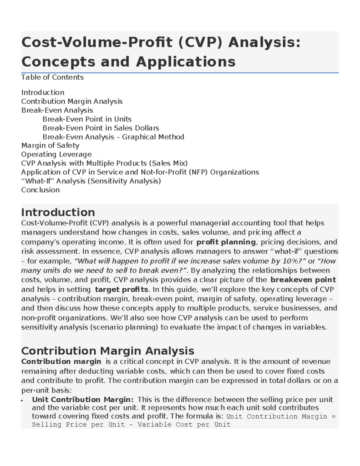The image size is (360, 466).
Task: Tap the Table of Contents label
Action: coord(52,77)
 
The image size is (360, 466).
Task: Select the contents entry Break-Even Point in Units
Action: coord(87,119)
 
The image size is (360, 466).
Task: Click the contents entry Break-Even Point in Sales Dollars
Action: coord(100,128)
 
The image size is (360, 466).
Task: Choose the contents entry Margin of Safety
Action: coord(50,146)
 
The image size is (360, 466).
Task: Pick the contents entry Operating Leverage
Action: coord(56,155)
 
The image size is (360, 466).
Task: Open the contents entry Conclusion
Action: coord(40,190)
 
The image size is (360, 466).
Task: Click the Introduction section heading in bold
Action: coord(58,212)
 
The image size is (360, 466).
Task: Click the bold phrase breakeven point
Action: coord(303,280)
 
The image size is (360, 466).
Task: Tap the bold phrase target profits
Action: coord(121,290)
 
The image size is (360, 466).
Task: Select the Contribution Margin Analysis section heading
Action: coord(108,351)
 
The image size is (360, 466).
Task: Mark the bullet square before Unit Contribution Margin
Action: coord(22,401)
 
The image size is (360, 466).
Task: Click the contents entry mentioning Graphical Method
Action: coord(113,137)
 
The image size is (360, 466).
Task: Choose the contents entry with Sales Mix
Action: coord(104,163)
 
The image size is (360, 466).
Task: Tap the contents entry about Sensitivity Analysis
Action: coord(91,181)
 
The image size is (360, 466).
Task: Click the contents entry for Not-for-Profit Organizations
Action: coord(140,172)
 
